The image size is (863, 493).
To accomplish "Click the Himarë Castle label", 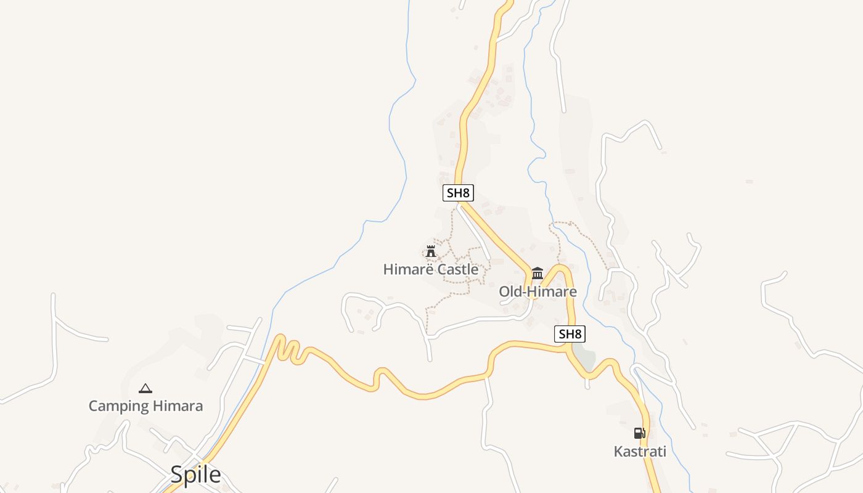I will (430, 269).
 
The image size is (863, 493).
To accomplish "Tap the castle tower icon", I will (431, 251).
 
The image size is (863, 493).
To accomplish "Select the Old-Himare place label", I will (538, 291).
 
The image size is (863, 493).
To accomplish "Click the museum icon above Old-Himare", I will (538, 273).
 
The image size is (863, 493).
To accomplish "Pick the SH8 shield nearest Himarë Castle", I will (458, 193).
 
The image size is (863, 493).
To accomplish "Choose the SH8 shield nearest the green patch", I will (570, 334).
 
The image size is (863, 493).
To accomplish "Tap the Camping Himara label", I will (145, 406).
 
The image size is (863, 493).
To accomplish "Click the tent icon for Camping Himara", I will (145, 388).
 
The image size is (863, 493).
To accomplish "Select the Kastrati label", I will (640, 452).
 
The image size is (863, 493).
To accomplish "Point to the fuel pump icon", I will (640, 433).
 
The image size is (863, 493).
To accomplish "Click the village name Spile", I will (195, 475).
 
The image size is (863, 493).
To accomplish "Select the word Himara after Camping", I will (178, 406).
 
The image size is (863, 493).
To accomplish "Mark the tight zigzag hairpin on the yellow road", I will (288, 349).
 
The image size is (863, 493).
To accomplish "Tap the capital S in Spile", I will (176, 475).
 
